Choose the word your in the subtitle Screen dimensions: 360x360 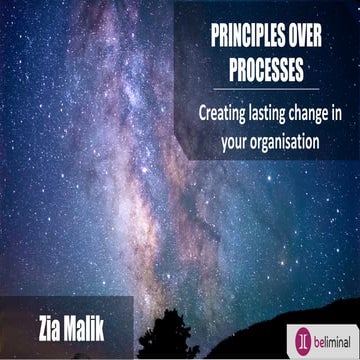point(236,142)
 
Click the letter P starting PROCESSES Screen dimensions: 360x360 point(215,62)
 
